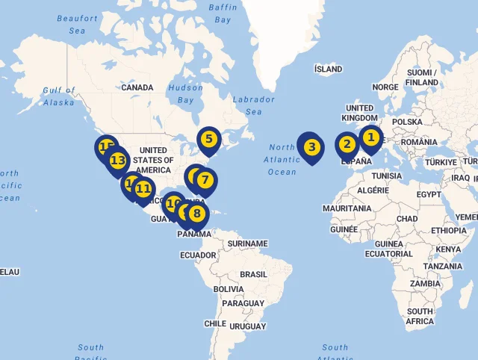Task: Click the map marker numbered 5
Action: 208,139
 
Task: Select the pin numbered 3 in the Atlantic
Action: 311,147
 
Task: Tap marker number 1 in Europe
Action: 370,137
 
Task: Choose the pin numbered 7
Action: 205,180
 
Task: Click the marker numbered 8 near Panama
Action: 196,214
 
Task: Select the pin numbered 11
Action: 143,190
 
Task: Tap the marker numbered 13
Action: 117,161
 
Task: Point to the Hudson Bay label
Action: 185,93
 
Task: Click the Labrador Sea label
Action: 253,105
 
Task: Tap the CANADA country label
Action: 137,87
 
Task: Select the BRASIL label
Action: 253,274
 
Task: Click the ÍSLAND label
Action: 329,69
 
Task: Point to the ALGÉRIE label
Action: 373,190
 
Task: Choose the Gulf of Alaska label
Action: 59,96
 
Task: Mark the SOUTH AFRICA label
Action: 420,316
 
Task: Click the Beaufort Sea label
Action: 77,25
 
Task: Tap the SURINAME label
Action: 247,243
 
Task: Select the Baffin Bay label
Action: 223,13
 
